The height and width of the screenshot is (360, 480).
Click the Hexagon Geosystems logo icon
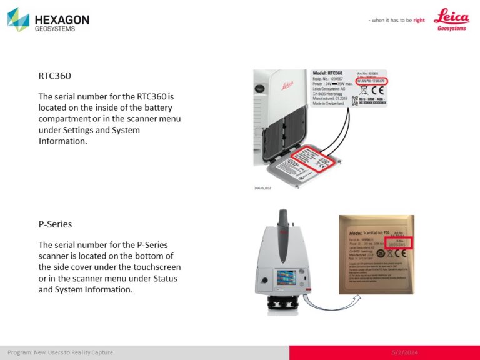tap(18, 19)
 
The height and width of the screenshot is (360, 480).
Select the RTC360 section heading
tap(54, 76)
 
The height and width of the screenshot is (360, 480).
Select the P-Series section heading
tap(54, 223)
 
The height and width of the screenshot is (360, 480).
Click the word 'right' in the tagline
tap(419, 21)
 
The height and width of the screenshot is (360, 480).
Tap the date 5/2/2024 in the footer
tap(406, 352)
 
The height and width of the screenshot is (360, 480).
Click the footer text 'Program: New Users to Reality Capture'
tap(60, 352)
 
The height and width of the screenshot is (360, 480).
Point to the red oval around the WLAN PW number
tap(371, 81)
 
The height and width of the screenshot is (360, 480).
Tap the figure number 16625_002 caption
tap(262, 187)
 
